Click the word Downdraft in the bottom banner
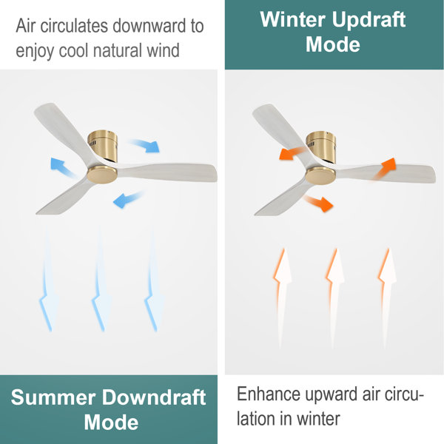[155, 398]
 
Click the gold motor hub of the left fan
[101, 175]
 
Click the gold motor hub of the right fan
[320, 175]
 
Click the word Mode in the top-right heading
[333, 44]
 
